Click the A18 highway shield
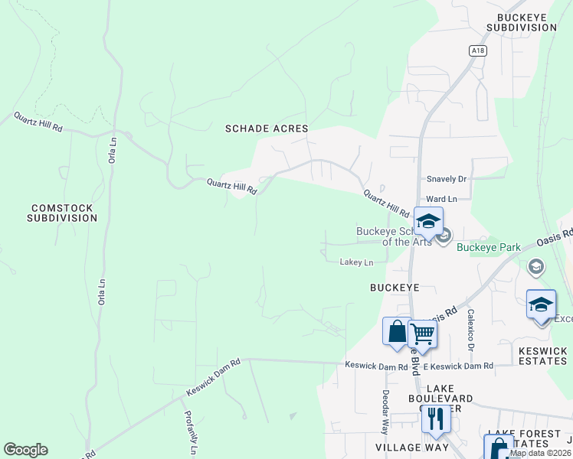(x=478, y=50)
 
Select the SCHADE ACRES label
(x=267, y=129)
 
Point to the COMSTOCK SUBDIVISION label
(x=62, y=213)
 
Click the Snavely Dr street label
(x=447, y=179)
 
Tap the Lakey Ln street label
(x=356, y=262)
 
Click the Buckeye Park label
(x=489, y=247)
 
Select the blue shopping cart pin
(x=423, y=334)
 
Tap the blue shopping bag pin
(x=397, y=332)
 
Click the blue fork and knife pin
(x=435, y=418)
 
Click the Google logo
(x=25, y=450)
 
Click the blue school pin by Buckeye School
(x=428, y=222)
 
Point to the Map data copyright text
(x=541, y=453)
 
